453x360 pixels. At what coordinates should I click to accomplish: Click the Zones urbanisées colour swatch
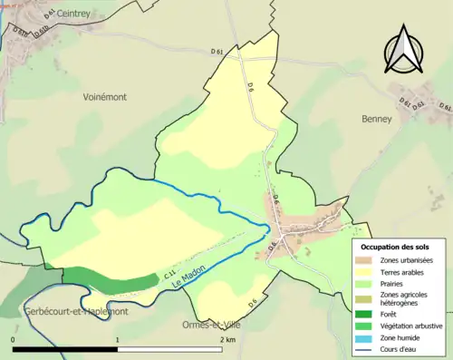click(368, 261)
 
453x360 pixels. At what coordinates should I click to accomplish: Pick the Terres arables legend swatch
click(368, 272)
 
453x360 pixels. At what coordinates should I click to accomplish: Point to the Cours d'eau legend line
click(368, 346)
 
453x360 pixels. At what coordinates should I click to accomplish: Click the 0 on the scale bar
click(13, 339)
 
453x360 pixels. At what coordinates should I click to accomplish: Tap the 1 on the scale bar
click(117, 339)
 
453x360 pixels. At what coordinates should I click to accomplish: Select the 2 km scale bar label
click(226, 339)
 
